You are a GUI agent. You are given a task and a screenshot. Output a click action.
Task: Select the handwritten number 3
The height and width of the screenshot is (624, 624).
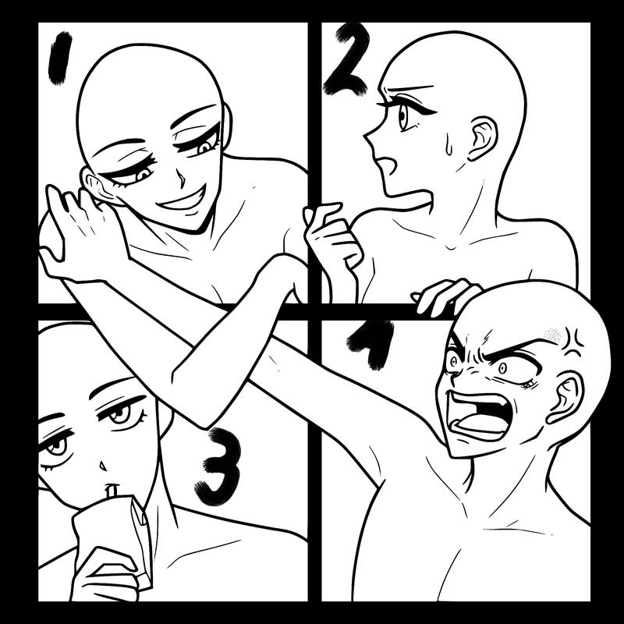(220, 466)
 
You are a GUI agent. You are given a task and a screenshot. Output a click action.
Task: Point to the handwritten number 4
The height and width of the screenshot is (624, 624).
(370, 343)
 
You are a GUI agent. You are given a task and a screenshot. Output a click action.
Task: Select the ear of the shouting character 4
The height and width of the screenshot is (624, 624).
(565, 397)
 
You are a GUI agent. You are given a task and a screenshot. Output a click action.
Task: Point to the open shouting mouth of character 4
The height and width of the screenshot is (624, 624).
(479, 417)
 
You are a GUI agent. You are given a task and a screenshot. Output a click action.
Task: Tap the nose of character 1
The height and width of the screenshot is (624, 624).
(181, 179)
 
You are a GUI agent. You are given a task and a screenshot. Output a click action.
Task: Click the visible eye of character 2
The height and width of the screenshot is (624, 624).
(403, 116)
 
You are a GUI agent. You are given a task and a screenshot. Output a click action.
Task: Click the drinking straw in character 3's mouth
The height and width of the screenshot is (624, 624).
(112, 491)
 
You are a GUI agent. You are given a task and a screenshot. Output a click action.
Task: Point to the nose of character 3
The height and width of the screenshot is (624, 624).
(103, 466)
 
